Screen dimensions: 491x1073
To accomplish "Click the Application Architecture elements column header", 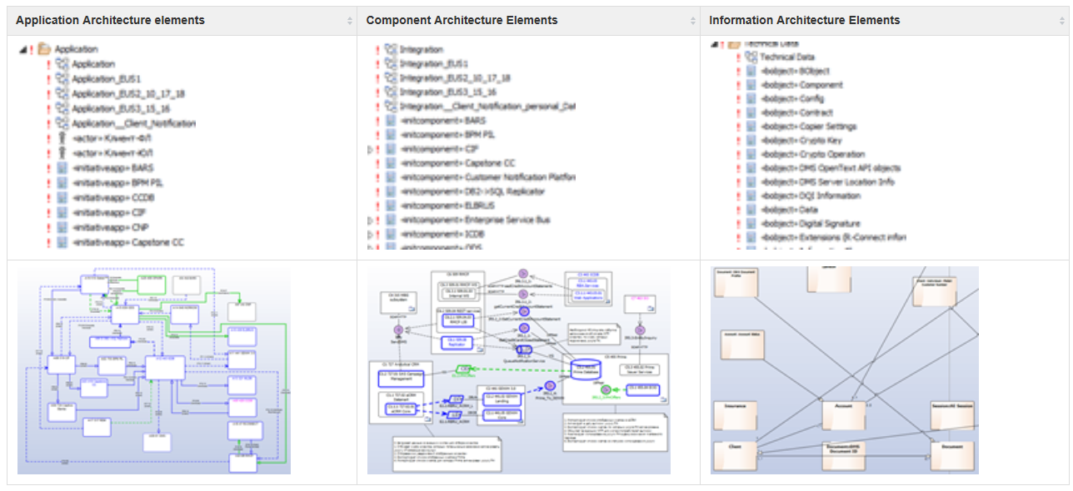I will (110, 20).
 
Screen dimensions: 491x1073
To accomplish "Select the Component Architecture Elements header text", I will (462, 20).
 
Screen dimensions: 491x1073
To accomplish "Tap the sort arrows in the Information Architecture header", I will (1059, 21).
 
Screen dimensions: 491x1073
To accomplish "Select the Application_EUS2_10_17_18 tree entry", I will (127, 94).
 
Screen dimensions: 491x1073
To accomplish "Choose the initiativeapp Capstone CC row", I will (127, 242).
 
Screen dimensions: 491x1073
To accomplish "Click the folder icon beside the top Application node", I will (44, 49).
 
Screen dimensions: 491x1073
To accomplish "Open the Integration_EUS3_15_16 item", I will (447, 92).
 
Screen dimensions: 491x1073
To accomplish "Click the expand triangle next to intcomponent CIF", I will (370, 150).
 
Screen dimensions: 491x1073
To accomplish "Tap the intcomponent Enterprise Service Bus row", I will (475, 220).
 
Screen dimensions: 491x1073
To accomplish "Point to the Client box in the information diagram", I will (736, 454).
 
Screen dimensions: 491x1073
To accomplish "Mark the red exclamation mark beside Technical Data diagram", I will (738, 57).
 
